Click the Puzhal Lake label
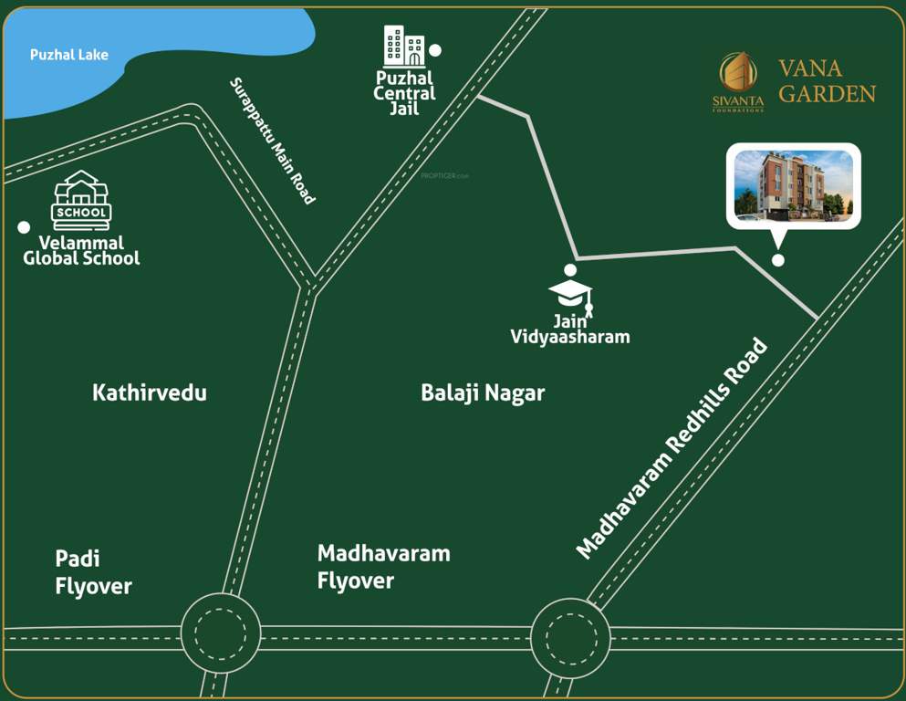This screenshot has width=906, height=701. (69, 55)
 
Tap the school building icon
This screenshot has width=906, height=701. (81, 200)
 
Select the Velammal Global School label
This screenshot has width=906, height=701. (81, 251)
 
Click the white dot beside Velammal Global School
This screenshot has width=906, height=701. (24, 226)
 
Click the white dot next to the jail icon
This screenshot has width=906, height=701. (435, 50)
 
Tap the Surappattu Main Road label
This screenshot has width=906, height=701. (272, 141)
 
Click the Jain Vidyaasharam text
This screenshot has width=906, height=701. (570, 329)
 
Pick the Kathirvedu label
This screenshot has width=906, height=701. (150, 392)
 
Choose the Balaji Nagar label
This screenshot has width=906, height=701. (483, 392)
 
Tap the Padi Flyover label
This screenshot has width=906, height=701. (93, 572)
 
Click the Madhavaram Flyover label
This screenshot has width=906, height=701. (383, 566)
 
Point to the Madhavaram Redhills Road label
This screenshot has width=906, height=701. (672, 448)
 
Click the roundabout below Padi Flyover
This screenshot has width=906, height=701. (221, 633)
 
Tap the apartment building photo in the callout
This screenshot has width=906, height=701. (793, 185)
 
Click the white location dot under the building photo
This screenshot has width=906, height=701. (778, 260)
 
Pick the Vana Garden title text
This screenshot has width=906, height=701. (827, 80)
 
